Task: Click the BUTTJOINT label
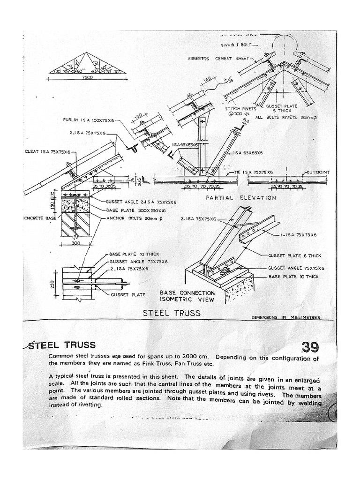click(319, 172)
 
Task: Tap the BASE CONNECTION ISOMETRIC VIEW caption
click(187, 295)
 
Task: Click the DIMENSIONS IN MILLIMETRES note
click(286, 318)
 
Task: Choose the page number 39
click(309, 347)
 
